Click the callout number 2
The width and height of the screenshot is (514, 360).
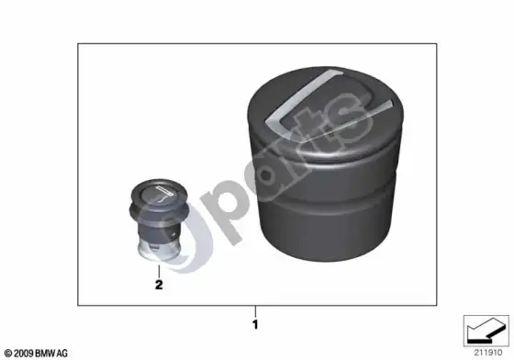pyautogui.click(x=159, y=285)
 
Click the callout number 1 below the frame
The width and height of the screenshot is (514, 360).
pyautogui.click(x=255, y=324)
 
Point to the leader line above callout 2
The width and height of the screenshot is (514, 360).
pyautogui.click(x=159, y=271)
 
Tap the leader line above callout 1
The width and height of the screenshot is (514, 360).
pyautogui.click(x=255, y=311)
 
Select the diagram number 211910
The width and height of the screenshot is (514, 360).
pyautogui.click(x=487, y=353)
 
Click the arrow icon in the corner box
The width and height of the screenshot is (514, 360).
pyautogui.click(x=486, y=331)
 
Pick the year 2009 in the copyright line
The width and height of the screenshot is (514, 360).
pyautogui.click(x=24, y=354)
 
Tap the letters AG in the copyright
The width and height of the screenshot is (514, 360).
pyautogui.click(x=62, y=354)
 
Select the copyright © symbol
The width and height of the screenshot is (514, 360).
pyautogui.click(x=8, y=354)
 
